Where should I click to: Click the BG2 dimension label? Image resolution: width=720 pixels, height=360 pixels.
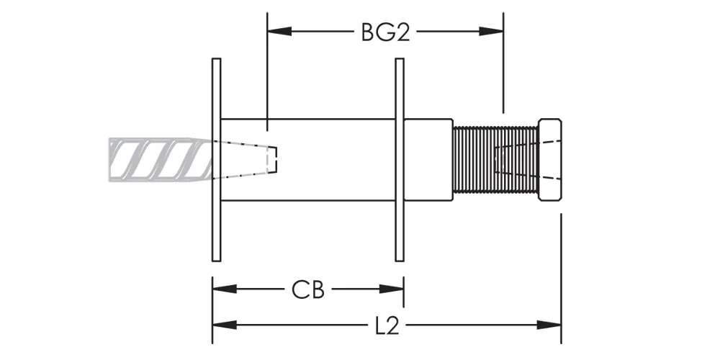(x=385, y=32)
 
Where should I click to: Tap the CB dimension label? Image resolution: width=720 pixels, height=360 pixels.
(x=307, y=289)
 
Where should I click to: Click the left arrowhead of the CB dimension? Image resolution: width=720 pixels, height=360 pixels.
(x=225, y=289)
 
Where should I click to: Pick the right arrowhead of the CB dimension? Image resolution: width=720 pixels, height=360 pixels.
(x=392, y=289)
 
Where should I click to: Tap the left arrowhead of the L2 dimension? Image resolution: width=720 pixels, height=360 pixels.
(x=225, y=325)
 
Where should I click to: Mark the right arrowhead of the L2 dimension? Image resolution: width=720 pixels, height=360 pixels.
(x=549, y=325)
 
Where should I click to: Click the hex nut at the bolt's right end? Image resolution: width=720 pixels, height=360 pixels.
(x=549, y=160)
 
